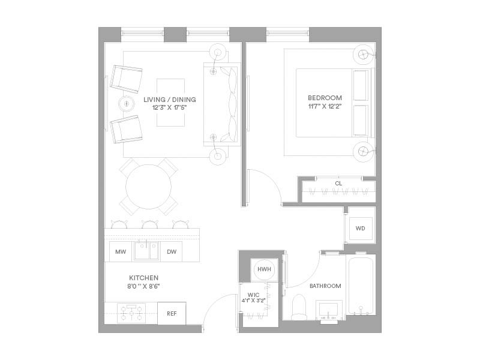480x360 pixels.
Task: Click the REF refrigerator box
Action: tap(172, 313)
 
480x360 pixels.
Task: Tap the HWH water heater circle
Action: tap(264, 269)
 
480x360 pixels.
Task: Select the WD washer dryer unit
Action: tap(361, 229)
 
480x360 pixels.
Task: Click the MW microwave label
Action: tap(121, 251)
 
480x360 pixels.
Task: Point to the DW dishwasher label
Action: tap(172, 251)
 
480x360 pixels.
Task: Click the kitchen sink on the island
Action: tap(146, 251)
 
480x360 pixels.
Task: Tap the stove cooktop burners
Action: tap(131, 313)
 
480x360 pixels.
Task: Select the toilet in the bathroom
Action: tap(299, 307)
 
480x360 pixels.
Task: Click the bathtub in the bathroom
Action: tap(361, 286)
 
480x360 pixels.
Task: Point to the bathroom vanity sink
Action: tap(328, 311)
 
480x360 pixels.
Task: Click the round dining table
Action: tap(148, 187)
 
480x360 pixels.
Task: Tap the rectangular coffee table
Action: tap(171, 103)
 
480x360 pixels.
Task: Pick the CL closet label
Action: tap(338, 184)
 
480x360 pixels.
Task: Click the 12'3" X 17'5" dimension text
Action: tap(170, 107)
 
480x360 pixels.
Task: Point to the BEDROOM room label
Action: tap(325, 98)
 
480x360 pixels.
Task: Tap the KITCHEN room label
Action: tap(144, 278)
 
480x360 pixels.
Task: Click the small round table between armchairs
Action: tap(127, 103)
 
